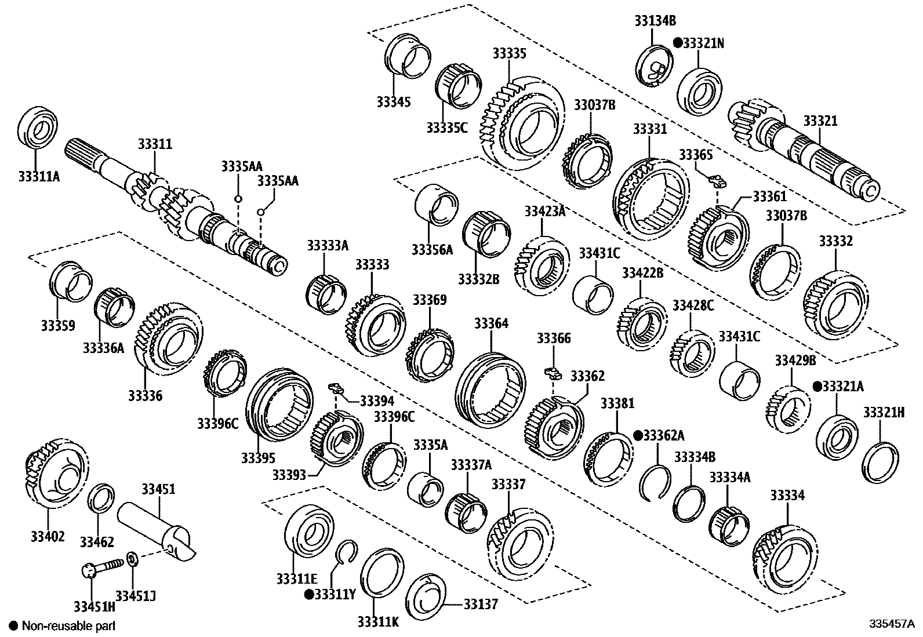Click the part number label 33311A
38,175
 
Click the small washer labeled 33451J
132,559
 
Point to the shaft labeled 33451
154,530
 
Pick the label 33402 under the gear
48,536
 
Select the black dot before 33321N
677,43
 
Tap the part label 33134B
654,21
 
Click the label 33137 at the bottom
481,605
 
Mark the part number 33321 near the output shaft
820,121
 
